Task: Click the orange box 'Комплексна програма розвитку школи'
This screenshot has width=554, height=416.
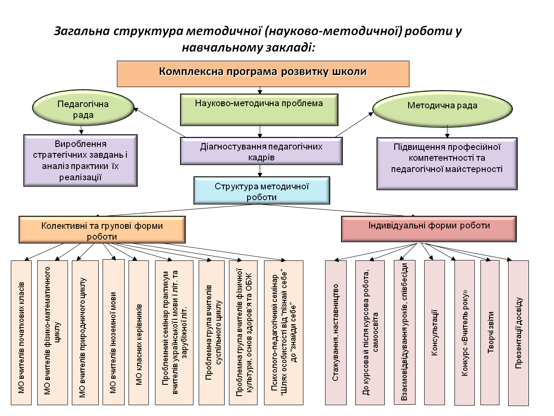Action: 263,74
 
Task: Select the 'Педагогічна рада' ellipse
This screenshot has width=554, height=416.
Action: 83,107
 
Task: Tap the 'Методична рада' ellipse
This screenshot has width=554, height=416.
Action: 442,109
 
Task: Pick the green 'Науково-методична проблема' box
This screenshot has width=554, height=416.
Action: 259,110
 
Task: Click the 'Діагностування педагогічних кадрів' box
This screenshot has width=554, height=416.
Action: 261,151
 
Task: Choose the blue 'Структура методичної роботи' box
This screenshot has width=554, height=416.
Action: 262,190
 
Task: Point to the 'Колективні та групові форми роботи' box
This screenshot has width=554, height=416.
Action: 102,230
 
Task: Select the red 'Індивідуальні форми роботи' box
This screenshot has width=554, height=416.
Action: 429,229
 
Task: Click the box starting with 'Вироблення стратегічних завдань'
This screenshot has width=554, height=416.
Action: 81,161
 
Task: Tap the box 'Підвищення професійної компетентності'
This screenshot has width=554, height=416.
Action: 447,164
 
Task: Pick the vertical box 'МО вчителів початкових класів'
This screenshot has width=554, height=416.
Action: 21,333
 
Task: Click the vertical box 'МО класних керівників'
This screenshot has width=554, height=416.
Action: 138,333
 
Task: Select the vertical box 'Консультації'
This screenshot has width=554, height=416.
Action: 435,333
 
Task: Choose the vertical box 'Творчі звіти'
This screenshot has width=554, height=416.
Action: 490,333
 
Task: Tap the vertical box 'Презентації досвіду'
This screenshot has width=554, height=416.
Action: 519,333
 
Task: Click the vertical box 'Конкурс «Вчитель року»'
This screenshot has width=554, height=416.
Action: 464,333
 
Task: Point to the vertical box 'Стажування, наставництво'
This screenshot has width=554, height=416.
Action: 336,333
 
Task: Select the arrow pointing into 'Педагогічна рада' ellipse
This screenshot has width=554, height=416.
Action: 159,123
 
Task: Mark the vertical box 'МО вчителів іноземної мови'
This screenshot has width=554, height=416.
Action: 113,332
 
